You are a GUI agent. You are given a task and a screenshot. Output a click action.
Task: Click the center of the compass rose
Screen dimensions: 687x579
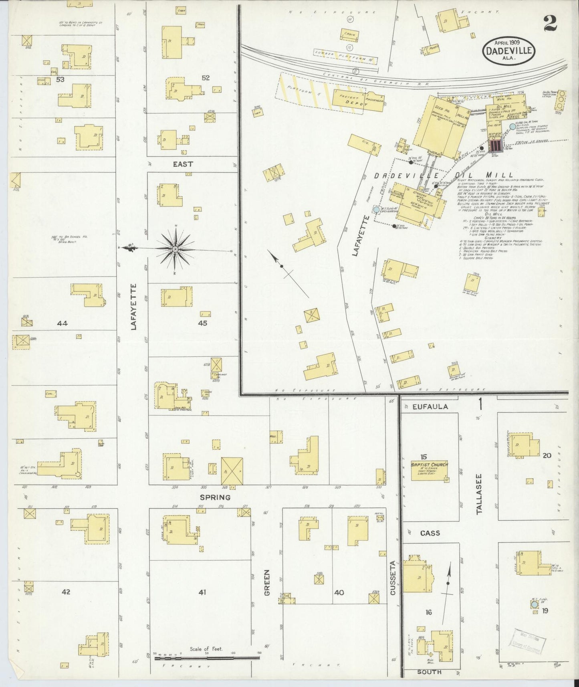click(x=175, y=249)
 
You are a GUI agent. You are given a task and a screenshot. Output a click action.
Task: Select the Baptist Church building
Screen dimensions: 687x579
click(x=428, y=469)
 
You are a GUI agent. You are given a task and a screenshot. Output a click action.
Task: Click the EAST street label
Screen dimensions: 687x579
click(x=183, y=164)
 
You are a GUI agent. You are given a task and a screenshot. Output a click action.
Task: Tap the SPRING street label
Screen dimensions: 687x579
click(x=216, y=497)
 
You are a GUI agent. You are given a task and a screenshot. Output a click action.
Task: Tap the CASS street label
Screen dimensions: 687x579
click(x=430, y=533)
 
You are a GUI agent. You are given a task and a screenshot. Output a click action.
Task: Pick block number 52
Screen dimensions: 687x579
click(x=205, y=78)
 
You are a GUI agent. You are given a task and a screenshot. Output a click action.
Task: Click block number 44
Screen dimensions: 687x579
click(x=62, y=323)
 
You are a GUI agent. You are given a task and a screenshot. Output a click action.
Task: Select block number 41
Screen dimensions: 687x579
click(x=202, y=592)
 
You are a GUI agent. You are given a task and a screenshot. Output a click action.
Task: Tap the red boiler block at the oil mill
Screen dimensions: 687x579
click(x=495, y=145)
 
